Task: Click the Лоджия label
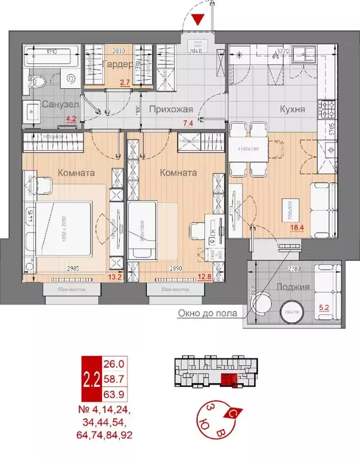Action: pyautogui.click(x=294, y=287)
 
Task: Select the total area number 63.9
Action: pyautogui.click(x=113, y=392)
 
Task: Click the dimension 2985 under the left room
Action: pyautogui.click(x=73, y=269)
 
